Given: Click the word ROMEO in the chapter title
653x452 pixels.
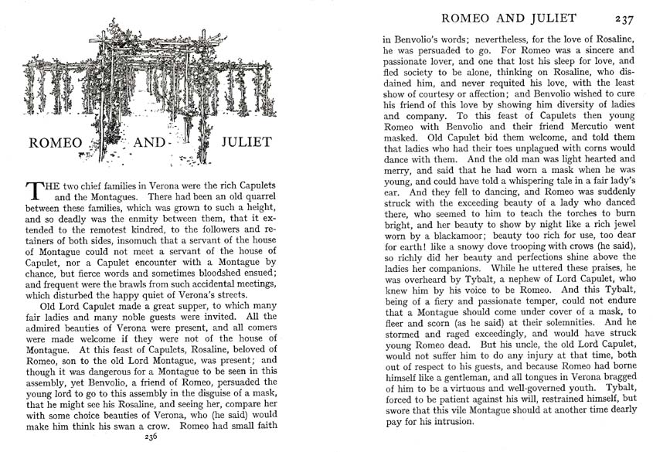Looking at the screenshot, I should click(59, 142).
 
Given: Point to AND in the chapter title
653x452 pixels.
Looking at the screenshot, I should click(151, 142).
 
